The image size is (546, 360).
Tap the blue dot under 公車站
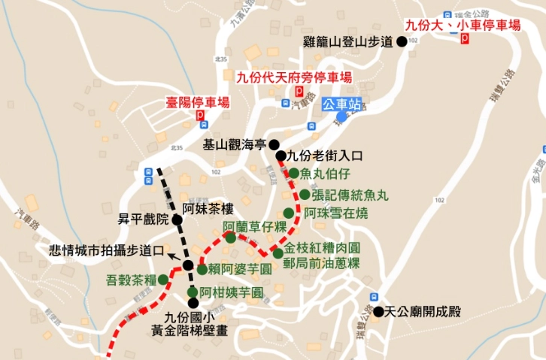click(x=342, y=116)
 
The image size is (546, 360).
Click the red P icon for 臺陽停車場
click(x=200, y=116)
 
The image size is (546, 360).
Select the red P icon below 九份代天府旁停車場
click(x=299, y=91)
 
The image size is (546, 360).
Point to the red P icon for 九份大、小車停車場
click(x=466, y=38)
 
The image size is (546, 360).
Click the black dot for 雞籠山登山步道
click(x=402, y=42)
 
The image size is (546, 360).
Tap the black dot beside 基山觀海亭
click(x=275, y=145)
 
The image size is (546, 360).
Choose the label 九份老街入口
click(x=325, y=156)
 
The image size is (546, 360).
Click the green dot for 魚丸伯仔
click(x=294, y=174)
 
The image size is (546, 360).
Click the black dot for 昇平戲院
click(x=176, y=220)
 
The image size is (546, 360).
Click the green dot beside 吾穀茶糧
click(x=162, y=280)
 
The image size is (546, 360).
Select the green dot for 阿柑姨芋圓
click(x=193, y=292)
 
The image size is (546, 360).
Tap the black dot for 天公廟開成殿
click(x=378, y=311)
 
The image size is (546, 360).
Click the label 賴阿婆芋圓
click(x=240, y=268)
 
